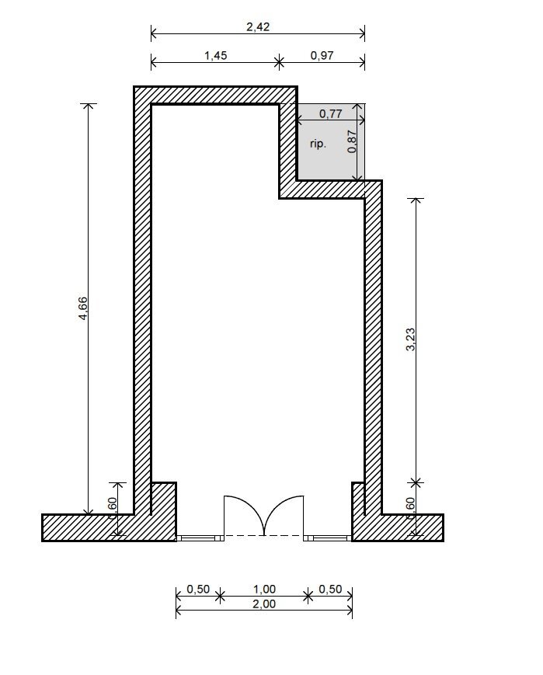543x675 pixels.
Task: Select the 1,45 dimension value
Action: [214, 56]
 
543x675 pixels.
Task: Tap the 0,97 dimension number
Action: [322, 56]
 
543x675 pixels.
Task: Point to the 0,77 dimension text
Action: [331, 114]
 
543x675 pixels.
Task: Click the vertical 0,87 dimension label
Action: [353, 141]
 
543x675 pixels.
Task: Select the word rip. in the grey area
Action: [318, 144]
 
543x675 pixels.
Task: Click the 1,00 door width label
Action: [264, 590]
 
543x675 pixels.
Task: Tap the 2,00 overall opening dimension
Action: [264, 604]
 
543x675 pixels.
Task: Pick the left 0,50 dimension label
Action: [198, 590]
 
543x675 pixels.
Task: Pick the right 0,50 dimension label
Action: [330, 590]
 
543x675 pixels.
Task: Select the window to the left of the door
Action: [200, 537]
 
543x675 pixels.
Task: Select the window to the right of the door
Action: [328, 537]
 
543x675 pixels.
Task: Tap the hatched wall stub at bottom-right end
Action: [412, 527]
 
